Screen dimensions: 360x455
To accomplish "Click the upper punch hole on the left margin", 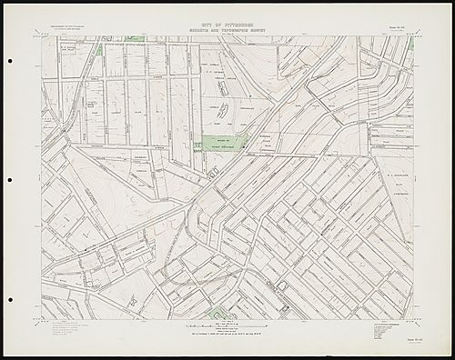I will tap(9, 62).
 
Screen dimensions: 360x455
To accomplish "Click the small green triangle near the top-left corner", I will tap(98, 49).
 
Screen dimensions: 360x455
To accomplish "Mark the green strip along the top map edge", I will tap(135, 38).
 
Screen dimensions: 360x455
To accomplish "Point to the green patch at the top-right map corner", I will tap(410, 42).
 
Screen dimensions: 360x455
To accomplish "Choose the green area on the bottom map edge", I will tap(217, 314).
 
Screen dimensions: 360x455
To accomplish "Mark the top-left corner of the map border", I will tap(41, 36).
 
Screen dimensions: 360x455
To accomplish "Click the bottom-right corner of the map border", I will tap(414, 319).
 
